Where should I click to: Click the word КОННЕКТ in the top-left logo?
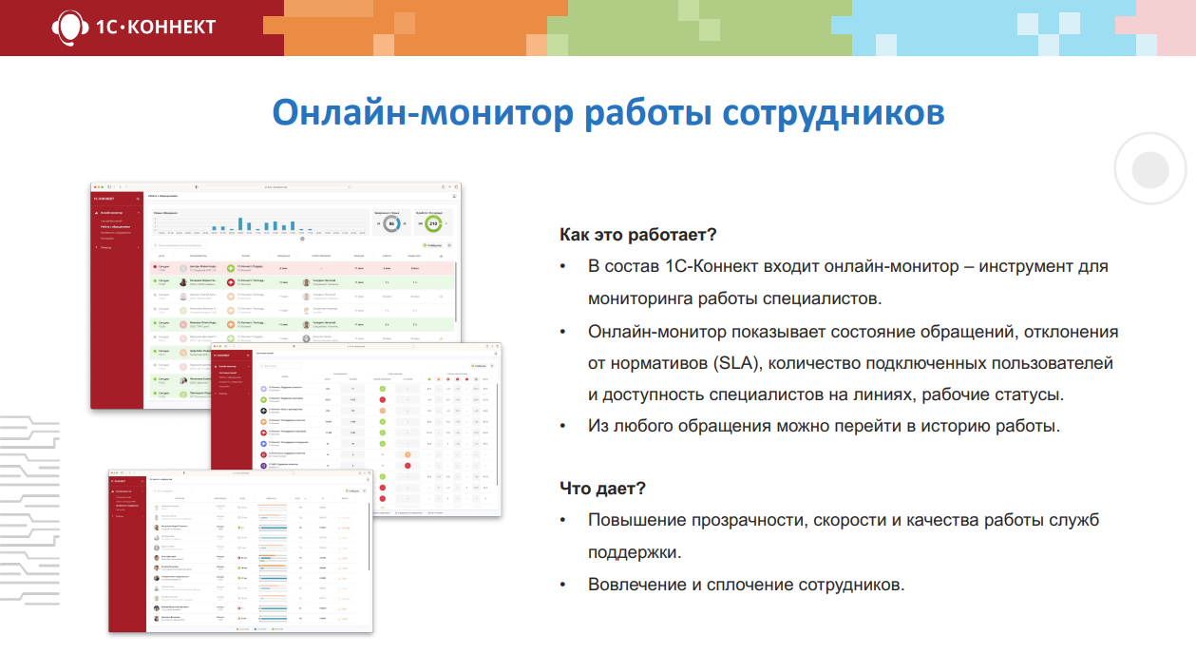pyautogui.click(x=170, y=27)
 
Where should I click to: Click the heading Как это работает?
pyautogui.click(x=637, y=234)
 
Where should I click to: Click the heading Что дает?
pyautogui.click(x=603, y=488)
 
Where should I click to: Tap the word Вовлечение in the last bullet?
pyautogui.click(x=636, y=584)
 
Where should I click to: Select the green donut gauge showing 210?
pyautogui.click(x=432, y=224)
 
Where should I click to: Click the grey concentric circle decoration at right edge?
pyautogui.click(x=1150, y=170)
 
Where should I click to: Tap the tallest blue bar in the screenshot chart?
pyautogui.click(x=239, y=223)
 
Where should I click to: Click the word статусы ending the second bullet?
pyautogui.click(x=1030, y=394)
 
